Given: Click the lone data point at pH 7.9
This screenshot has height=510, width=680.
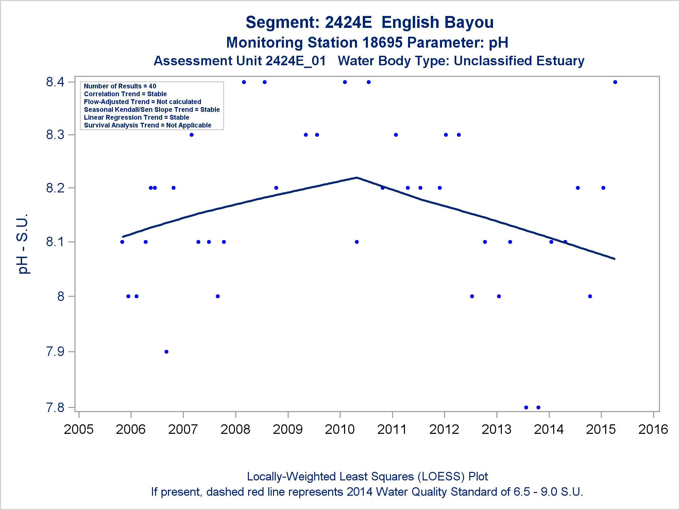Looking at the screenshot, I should [166, 352].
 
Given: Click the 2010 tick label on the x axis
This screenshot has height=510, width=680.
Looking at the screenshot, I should [340, 429].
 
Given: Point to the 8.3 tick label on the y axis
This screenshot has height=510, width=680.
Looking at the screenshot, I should [55, 135].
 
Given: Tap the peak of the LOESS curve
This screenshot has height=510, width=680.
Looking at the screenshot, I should [356, 177].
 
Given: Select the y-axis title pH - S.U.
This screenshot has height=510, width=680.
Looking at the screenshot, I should [23, 243].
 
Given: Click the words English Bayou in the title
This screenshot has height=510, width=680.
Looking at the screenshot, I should [437, 22].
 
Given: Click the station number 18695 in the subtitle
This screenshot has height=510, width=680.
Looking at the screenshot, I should [382, 43].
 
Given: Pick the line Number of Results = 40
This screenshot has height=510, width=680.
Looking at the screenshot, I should [120, 86].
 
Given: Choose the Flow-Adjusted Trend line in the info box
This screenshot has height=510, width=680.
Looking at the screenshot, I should [142, 102].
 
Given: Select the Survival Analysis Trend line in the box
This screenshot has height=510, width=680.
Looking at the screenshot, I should [148, 125].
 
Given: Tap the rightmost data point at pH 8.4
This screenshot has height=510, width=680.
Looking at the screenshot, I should [615, 82].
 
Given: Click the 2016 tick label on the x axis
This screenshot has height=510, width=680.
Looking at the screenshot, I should [653, 429].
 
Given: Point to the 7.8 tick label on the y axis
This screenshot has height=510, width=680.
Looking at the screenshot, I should [55, 407].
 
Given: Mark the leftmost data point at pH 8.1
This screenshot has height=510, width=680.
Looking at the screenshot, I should [122, 242].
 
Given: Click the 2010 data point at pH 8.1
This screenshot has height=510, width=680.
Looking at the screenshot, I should [357, 242].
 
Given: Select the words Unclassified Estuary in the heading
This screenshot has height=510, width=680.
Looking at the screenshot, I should [519, 61].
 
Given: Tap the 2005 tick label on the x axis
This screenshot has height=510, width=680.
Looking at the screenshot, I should [79, 429].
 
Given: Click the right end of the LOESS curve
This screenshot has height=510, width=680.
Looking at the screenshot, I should [614, 259].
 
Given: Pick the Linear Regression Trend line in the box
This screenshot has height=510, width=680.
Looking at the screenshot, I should [136, 118].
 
